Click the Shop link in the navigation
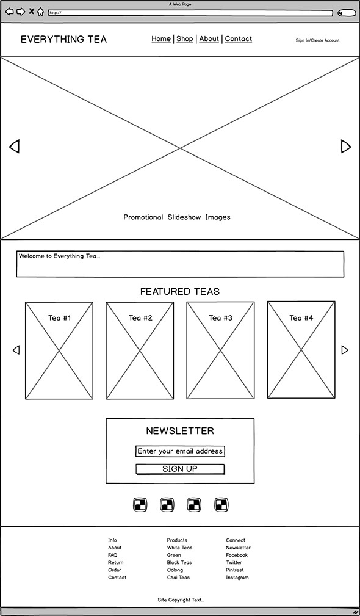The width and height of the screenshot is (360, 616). click(184, 38)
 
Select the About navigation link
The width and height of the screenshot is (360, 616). click(209, 38)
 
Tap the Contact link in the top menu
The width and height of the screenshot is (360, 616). click(239, 38)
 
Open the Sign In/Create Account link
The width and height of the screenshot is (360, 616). click(318, 40)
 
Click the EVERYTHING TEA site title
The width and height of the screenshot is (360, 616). click(63, 39)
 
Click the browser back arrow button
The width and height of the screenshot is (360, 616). click(9, 12)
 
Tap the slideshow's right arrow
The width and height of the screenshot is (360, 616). click(346, 146)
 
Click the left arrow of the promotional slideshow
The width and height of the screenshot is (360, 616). click(14, 146)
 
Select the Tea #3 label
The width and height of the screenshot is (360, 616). click(221, 317)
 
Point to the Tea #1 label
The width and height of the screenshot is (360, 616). click(60, 317)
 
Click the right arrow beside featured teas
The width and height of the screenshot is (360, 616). click(345, 350)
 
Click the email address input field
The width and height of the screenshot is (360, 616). click(180, 451)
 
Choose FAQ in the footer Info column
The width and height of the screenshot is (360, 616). click(113, 555)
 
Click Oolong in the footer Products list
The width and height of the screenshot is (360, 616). click(175, 570)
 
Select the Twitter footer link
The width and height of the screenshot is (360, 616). click(234, 562)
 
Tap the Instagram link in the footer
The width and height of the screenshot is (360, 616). click(237, 578)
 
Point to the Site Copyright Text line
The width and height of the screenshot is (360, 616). click(181, 600)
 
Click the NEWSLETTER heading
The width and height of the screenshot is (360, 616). click(180, 430)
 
